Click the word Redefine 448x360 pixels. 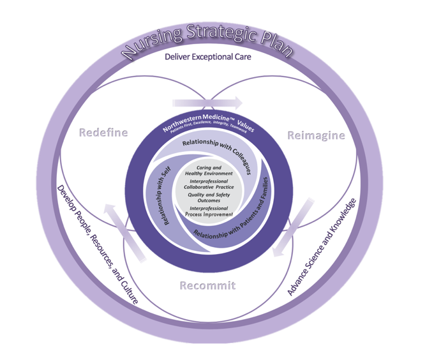(104, 133)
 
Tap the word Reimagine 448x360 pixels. (316, 135)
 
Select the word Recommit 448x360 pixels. (207, 285)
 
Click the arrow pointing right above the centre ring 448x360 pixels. (207, 102)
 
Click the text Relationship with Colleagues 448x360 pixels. (216, 153)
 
